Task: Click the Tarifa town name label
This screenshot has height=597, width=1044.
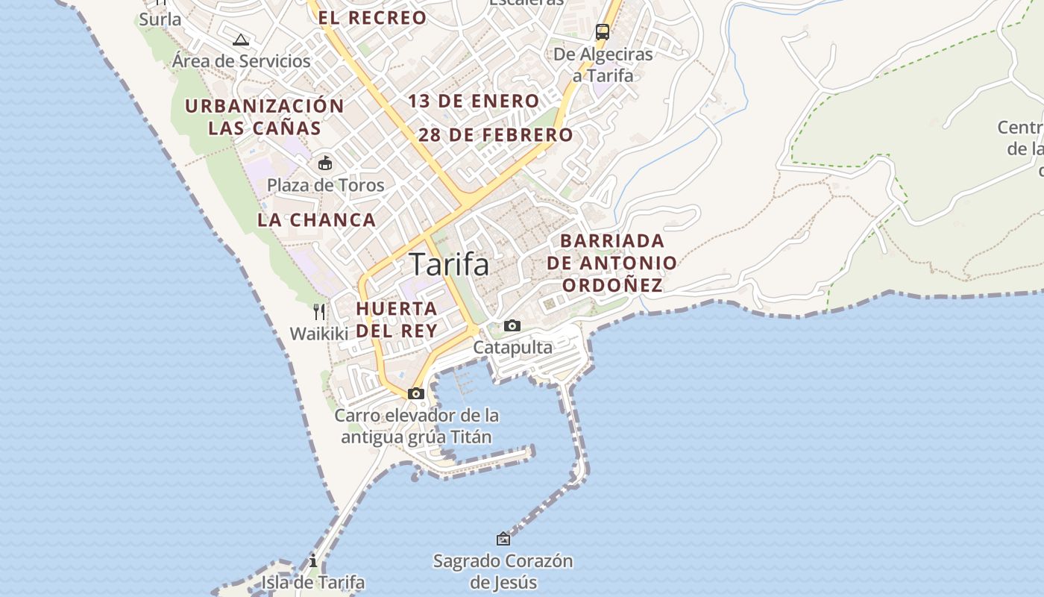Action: point(450,264)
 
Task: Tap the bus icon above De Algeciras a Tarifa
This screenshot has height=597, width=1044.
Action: point(602,32)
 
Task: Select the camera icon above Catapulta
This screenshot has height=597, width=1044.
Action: point(512,325)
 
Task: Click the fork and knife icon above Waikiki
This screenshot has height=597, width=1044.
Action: point(319,311)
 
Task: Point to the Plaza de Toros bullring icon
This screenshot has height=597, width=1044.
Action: point(325,163)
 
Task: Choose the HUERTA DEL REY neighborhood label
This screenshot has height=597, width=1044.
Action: point(396,319)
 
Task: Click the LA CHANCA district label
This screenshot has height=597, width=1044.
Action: point(316,219)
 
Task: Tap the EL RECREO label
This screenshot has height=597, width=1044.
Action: point(372,18)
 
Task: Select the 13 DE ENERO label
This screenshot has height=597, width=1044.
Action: point(474,101)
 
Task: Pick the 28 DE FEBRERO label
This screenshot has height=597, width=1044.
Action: point(495,135)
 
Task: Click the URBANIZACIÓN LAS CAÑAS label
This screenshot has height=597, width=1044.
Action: point(264,116)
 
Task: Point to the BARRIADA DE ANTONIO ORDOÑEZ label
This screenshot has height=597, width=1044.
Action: point(611,263)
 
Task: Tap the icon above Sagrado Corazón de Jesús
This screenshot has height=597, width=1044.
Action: point(503,538)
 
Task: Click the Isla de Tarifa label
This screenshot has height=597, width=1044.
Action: point(312,582)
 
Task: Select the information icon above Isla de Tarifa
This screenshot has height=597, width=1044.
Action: point(313,561)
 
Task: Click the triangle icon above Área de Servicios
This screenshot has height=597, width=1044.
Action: point(240,40)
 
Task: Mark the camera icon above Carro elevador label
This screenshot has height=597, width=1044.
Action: point(416,393)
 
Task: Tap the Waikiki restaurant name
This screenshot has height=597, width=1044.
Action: point(319,334)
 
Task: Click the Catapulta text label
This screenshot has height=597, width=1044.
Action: point(513,347)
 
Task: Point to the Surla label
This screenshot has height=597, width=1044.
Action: point(160,19)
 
